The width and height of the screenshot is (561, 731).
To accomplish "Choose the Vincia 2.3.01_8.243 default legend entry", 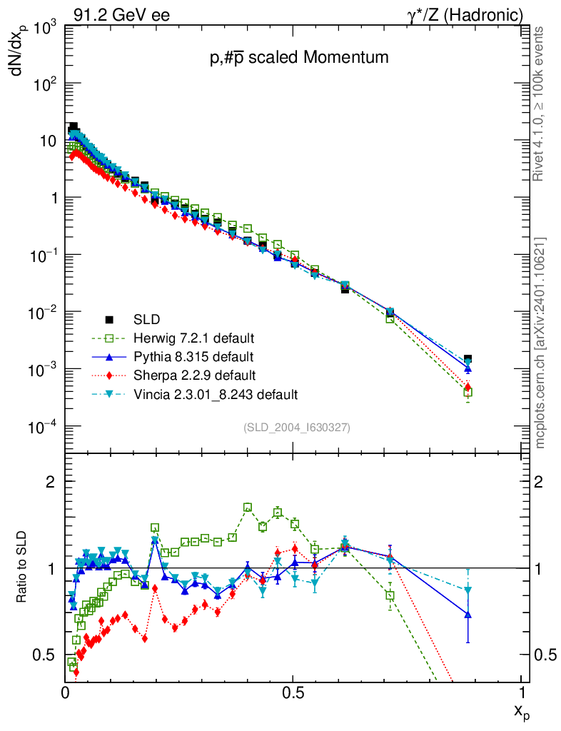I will [x=215, y=394].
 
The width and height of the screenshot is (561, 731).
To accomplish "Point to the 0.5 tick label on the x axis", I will [x=293, y=692].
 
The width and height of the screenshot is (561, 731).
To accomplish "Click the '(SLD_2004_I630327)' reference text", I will [x=297, y=427].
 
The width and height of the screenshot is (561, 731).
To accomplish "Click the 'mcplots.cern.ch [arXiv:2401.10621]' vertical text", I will [x=540, y=343].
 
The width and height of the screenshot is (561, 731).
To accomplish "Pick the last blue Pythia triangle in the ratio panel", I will [x=467, y=614].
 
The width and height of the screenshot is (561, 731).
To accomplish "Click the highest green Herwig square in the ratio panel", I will [x=248, y=508].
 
